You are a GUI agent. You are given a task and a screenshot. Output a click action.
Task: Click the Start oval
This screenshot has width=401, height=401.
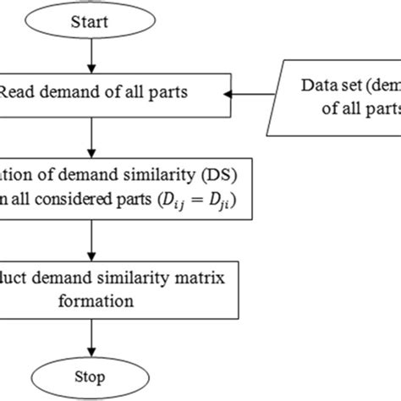point(90,21)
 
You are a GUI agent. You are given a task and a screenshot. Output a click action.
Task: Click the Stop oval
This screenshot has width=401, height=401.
point(90,378)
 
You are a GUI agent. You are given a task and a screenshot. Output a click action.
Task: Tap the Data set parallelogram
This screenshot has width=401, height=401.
point(338,94)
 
